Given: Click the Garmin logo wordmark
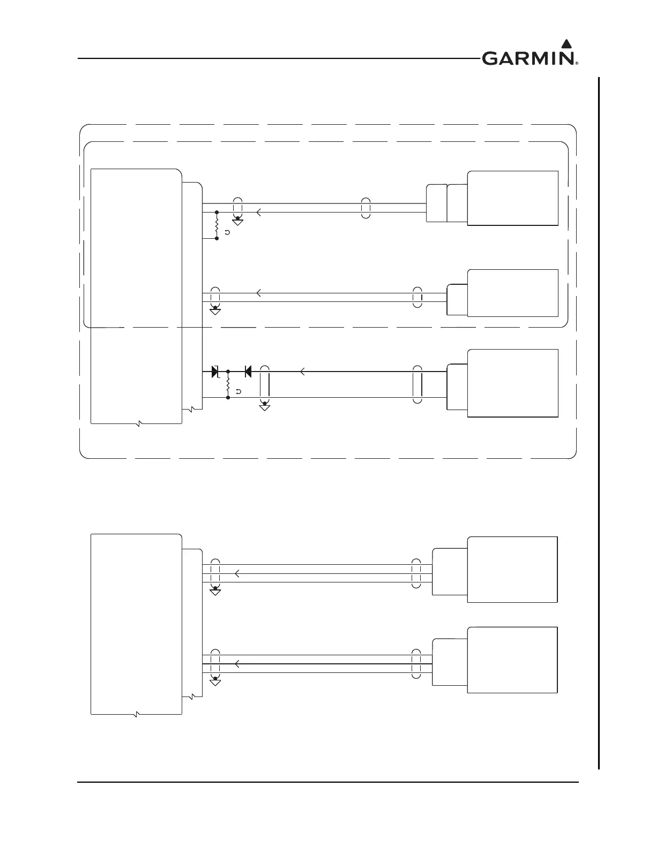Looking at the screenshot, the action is point(528,58).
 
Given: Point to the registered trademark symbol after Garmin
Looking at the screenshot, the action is point(577,63).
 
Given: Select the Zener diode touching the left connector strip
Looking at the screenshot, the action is point(216,370).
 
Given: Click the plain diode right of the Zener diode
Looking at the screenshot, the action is point(248,370).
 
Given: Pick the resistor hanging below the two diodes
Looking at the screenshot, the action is point(228,384).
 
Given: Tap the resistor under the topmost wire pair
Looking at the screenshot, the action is point(217,225).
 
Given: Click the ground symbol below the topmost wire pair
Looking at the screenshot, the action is point(238,221).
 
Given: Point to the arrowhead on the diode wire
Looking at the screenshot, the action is point(303,370).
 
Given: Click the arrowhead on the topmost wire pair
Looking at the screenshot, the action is point(259,213).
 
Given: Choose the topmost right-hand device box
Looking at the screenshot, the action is point(513,199).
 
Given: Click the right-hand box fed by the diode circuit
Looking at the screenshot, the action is point(513,383).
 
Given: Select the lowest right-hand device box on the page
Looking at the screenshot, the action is point(512,660).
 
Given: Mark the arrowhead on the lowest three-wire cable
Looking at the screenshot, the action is point(237,664).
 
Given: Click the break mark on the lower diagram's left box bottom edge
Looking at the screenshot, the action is point(137,714).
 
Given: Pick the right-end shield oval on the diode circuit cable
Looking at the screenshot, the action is point(418,384).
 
